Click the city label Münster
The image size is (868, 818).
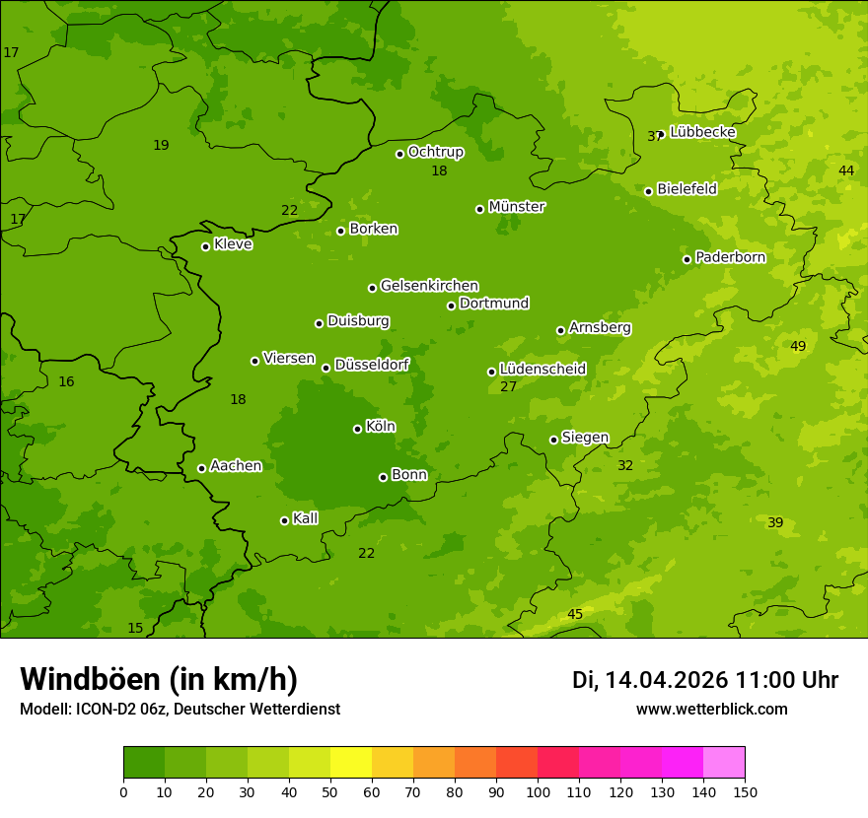pyautogui.click(x=516, y=207)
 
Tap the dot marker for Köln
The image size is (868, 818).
pyautogui.click(x=357, y=429)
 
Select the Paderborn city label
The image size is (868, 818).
pyautogui.click(x=730, y=257)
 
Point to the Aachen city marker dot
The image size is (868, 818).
pyautogui.click(x=201, y=468)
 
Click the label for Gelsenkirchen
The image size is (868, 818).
pyautogui.click(x=429, y=286)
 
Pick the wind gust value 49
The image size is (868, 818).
pyautogui.click(x=798, y=346)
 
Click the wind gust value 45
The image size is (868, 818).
pyautogui.click(x=575, y=615)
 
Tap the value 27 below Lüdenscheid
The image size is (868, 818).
pyautogui.click(x=508, y=387)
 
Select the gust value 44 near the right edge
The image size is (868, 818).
pyautogui.click(x=846, y=171)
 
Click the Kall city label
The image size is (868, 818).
pyautogui.click(x=305, y=518)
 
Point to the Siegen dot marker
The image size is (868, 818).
pyautogui.click(x=553, y=440)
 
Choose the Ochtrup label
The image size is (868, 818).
pyautogui.click(x=435, y=152)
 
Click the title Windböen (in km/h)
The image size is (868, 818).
pyautogui.click(x=159, y=679)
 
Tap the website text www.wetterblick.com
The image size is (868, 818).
pyautogui.click(x=711, y=710)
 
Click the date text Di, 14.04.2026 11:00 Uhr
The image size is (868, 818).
pyautogui.click(x=705, y=680)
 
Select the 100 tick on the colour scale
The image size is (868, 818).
pyautogui.click(x=538, y=791)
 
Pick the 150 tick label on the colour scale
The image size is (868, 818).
pyautogui.click(x=745, y=791)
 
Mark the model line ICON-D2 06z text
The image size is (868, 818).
pyautogui.click(x=180, y=710)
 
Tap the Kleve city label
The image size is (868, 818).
pyautogui.click(x=233, y=244)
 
